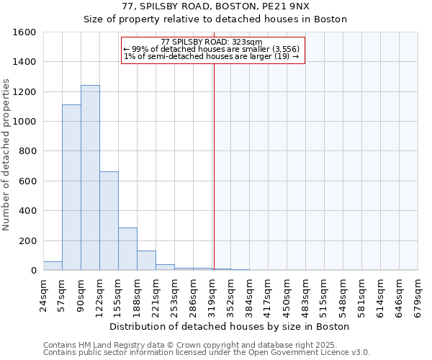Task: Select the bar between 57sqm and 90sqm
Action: tap(71, 187)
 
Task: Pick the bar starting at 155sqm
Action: tap(127, 249)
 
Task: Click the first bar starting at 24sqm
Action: tap(53, 266)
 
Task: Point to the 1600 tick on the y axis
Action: tap(24, 32)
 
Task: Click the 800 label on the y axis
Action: tap(27, 151)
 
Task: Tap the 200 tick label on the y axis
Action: tap(27, 240)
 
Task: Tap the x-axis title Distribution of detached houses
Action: tap(230, 326)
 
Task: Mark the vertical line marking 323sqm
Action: tap(214, 166)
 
